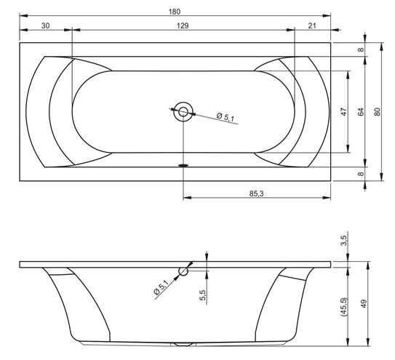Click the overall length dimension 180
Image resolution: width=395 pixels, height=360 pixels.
[x=175, y=12]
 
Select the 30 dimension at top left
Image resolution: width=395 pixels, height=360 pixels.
[x=46, y=25]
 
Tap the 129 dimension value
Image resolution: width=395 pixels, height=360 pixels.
[x=183, y=25]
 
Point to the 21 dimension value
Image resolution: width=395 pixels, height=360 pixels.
[x=312, y=25]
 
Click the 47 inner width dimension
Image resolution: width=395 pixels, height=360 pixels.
[x=344, y=111]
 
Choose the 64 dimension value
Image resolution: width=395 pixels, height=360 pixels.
[x=361, y=111]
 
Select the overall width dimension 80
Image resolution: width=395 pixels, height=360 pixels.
[x=377, y=111]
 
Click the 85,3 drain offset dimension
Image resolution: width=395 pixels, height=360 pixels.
[x=257, y=193]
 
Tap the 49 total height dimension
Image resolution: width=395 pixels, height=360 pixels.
[x=364, y=303]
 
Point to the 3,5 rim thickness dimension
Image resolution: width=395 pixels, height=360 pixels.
[x=344, y=240]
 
